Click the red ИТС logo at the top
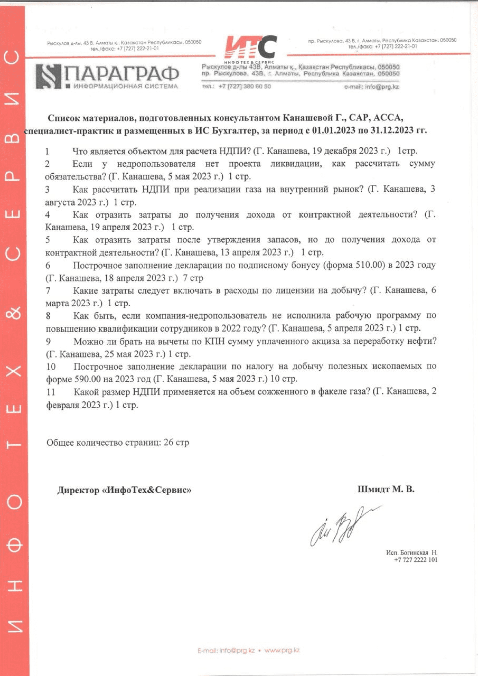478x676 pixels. point(250,47)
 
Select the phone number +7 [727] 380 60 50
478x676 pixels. point(244,86)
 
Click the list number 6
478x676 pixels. point(48,265)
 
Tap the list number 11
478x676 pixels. point(51,392)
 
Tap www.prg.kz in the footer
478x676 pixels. point(282,650)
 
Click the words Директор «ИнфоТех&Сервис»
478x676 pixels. point(124,490)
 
